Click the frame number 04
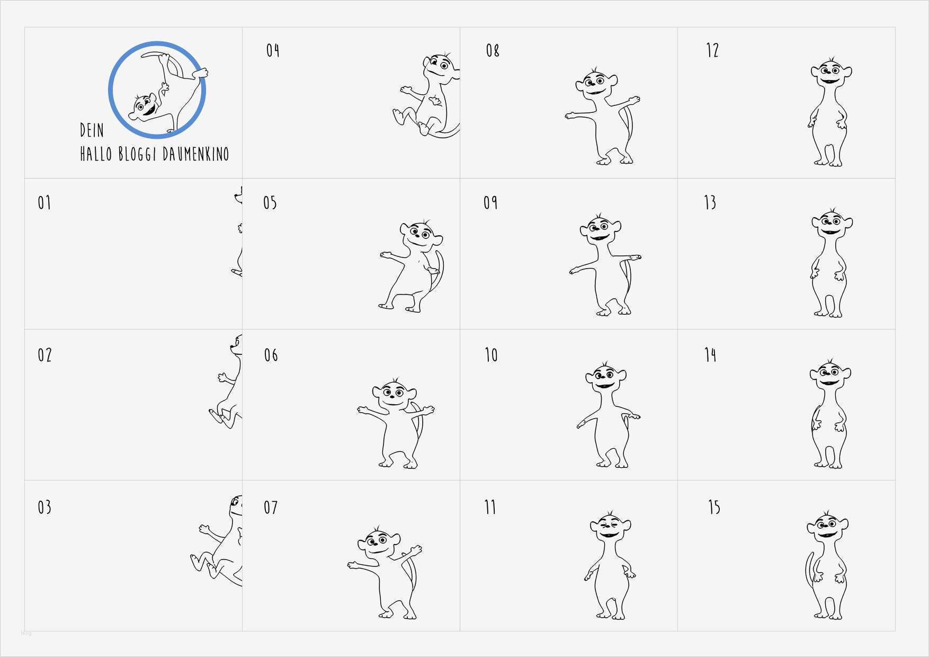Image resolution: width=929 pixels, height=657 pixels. coord(273,50)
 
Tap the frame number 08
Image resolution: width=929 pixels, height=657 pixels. coord(493,50)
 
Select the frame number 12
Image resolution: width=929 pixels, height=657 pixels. coord(712,50)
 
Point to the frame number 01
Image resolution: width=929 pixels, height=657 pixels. coord(44,202)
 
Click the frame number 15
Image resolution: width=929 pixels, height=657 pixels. coord(714,507)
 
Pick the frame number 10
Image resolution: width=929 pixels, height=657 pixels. coord(491,354)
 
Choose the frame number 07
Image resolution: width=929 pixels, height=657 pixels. coord(271,507)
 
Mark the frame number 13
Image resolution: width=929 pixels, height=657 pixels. coord(710,202)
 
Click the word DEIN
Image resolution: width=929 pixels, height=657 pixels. coord(92,130)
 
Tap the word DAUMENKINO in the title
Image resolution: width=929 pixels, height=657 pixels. coord(196,154)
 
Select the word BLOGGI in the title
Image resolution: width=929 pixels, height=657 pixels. coord(137,154)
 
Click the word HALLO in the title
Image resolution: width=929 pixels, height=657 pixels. coord(96,154)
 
